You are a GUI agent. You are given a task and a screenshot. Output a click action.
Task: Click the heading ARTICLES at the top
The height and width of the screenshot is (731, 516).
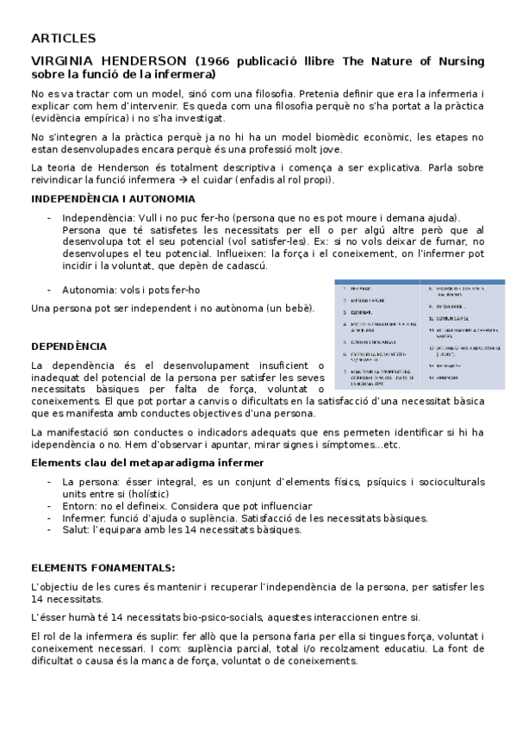click(63, 38)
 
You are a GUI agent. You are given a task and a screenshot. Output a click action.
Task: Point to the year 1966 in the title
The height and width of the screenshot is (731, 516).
click(221, 61)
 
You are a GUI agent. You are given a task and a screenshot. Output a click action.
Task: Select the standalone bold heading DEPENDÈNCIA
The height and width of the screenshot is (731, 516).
click(69, 346)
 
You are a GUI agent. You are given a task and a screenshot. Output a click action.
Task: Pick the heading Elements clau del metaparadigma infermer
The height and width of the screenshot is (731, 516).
click(147, 463)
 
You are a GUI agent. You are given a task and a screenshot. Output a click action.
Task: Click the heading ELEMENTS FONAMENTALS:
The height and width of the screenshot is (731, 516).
click(103, 568)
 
